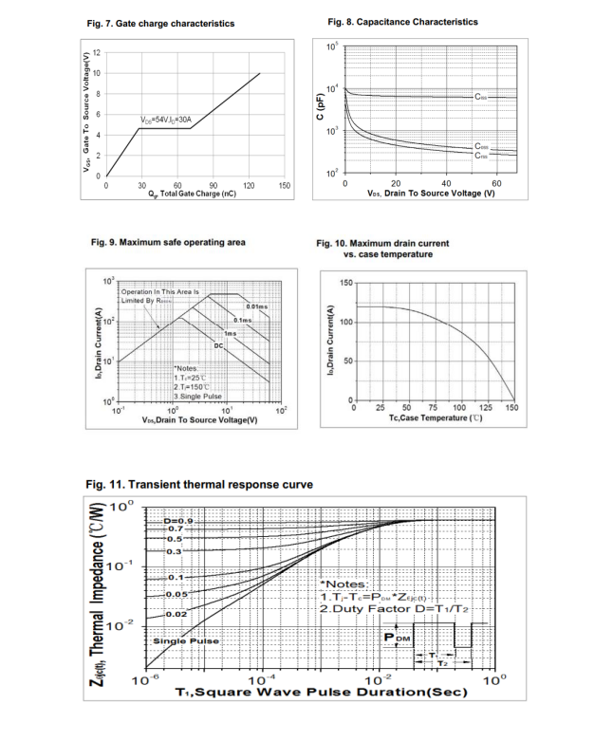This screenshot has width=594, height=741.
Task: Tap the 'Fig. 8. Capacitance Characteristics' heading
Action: [402, 22]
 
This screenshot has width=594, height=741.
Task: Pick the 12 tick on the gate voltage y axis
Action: [97, 52]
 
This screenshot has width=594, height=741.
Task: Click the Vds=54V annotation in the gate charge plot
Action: [167, 120]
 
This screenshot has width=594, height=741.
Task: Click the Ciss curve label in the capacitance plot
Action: [484, 97]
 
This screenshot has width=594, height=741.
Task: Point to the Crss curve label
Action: [483, 156]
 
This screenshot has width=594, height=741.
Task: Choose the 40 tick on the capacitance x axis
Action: [446, 183]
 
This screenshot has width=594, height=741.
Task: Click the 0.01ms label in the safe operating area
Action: [256, 306]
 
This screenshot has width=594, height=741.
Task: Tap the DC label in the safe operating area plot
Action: [217, 345]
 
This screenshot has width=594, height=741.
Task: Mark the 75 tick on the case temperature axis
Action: [434, 407]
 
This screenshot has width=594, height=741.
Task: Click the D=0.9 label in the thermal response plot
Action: [177, 521]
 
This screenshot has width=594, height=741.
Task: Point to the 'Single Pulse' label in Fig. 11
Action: [186, 640]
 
